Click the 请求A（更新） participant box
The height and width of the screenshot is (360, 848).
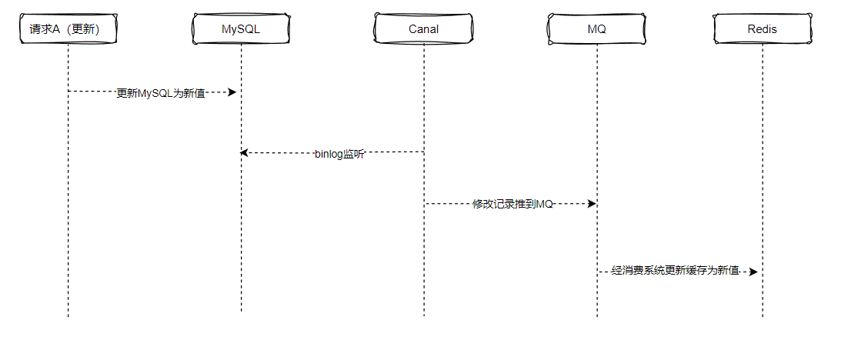click(x=68, y=29)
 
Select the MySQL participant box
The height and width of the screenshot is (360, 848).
click(x=241, y=29)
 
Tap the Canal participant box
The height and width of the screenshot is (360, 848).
click(x=423, y=29)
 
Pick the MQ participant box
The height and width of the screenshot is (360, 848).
click(x=596, y=29)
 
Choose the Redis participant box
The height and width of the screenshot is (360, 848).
click(x=762, y=29)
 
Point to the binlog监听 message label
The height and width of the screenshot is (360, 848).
click(x=339, y=153)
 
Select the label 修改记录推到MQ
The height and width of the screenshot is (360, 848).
click(x=512, y=204)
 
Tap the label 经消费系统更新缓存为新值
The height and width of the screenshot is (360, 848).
click(x=675, y=272)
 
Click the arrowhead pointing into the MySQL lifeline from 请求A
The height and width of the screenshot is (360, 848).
click(x=232, y=92)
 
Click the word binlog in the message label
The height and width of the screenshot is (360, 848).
click(x=329, y=153)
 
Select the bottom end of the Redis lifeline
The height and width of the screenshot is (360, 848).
click(x=763, y=315)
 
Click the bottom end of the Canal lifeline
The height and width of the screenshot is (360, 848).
click(x=423, y=315)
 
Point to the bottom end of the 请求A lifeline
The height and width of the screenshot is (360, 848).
click(x=68, y=315)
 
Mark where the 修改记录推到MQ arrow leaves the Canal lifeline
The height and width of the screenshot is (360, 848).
click(x=424, y=204)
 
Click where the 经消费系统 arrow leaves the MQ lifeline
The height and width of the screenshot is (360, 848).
click(x=597, y=272)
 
